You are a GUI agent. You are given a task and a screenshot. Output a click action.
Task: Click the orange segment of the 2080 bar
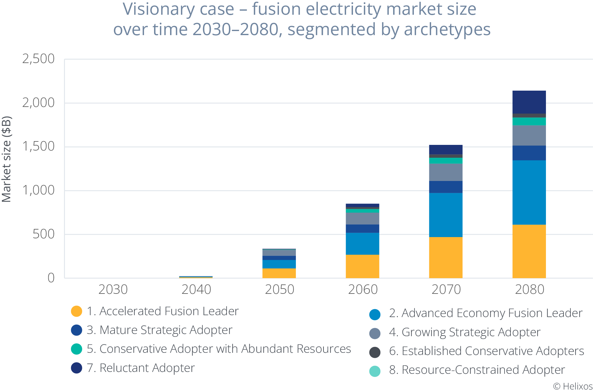pyautogui.click(x=529, y=251)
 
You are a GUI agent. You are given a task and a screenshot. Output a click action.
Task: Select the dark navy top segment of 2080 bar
pyautogui.click(x=529, y=102)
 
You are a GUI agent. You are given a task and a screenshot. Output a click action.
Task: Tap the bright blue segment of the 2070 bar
pyautogui.click(x=446, y=215)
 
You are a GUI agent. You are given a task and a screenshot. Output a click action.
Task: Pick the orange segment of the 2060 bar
pyautogui.click(x=362, y=266)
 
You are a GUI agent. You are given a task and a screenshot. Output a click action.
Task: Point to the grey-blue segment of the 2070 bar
pyautogui.click(x=446, y=172)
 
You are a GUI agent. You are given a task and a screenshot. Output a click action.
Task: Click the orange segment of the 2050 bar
pyautogui.click(x=279, y=273)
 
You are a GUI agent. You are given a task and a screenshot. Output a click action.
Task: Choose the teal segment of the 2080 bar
pyautogui.click(x=529, y=121)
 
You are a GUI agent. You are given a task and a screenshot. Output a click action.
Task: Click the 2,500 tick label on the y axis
pyautogui.click(x=38, y=59)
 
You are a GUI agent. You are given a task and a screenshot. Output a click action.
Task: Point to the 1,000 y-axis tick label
pyautogui.click(x=38, y=190)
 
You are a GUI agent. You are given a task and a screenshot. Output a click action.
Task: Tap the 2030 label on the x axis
pyautogui.click(x=113, y=289)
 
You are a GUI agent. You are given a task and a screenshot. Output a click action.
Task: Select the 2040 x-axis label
pyautogui.click(x=196, y=289)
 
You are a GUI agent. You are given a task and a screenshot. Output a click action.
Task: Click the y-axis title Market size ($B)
pyautogui.click(x=7, y=159)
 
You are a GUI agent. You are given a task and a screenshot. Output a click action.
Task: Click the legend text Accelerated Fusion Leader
pyautogui.click(x=169, y=311)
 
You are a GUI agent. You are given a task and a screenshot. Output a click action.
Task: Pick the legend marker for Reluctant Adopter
pyautogui.click(x=77, y=368)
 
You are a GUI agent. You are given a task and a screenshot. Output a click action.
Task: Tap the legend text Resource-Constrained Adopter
pyautogui.click(x=483, y=370)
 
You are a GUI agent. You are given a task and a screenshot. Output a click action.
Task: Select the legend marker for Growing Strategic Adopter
pyautogui.click(x=375, y=333)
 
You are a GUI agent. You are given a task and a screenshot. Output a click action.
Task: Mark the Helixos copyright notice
pyautogui.click(x=573, y=386)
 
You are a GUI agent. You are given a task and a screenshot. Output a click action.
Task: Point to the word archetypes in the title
pyautogui.click(x=447, y=30)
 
